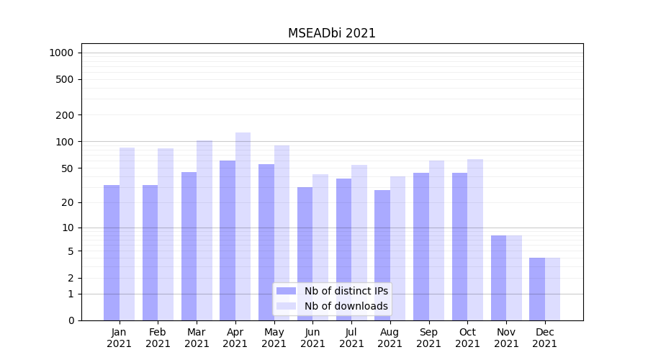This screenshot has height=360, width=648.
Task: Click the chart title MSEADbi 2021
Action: coord(332,33)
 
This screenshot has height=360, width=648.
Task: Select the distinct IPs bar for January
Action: coord(112,252)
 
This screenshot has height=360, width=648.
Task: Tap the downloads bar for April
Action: coord(243,226)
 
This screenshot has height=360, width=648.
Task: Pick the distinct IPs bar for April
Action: coord(228,240)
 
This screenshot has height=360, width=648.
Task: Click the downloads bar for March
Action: coord(204,230)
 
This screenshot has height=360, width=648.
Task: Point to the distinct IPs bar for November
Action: coord(498,278)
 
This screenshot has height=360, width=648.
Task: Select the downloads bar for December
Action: coord(552,289)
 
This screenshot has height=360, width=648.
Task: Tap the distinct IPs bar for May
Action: coord(266,242)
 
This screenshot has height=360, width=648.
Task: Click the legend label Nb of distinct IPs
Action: coord(346,291)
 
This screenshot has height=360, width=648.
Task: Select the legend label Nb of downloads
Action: coord(346,306)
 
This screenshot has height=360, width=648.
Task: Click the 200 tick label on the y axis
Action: coord(65,115)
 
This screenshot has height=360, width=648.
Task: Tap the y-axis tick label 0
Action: coord(71,320)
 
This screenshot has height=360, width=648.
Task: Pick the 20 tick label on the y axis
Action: coord(68,202)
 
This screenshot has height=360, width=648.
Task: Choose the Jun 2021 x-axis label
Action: coord(312,338)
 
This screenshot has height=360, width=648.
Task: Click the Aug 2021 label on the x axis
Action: coord(390,338)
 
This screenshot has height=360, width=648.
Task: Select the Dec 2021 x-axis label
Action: coord(544,338)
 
